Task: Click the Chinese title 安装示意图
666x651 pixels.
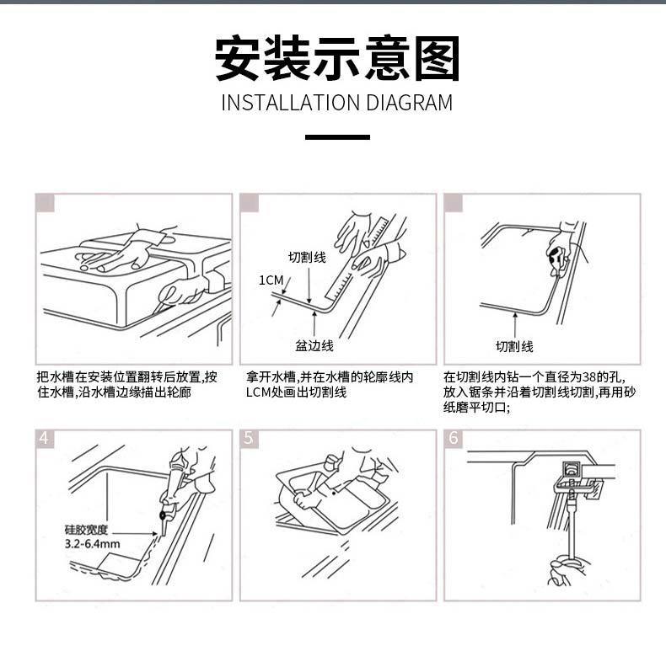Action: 338,58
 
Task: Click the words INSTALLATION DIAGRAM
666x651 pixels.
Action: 337,103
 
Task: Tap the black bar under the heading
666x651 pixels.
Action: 338,137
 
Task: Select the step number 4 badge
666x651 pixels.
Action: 45,439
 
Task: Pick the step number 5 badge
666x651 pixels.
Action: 249,439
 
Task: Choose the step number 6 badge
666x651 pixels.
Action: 454,439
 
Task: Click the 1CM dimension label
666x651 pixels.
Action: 271,280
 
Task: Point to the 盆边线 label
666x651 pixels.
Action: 314,346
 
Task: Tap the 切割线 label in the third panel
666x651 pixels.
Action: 514,346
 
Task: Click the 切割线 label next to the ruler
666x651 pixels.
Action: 307,257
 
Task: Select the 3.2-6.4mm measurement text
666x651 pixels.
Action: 92,544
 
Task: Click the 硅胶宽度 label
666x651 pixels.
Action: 86,530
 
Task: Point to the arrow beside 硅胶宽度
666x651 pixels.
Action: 134,533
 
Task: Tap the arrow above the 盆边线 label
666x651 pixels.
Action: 314,323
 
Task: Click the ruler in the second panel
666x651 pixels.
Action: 356,259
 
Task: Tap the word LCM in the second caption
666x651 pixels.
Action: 258,392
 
